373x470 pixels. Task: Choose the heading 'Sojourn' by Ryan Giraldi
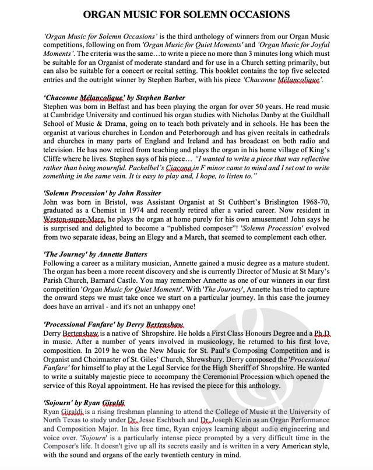pyautogui.click(x=85, y=403)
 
